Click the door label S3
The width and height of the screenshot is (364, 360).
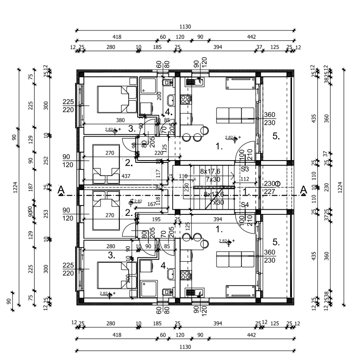(245, 169)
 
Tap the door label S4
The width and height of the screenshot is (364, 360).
(245, 205)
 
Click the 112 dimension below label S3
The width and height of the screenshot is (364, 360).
(245, 179)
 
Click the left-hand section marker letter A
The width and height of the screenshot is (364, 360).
(60, 190)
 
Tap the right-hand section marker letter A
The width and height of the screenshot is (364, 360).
(303, 189)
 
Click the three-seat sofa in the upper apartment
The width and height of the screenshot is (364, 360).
(235, 115)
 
